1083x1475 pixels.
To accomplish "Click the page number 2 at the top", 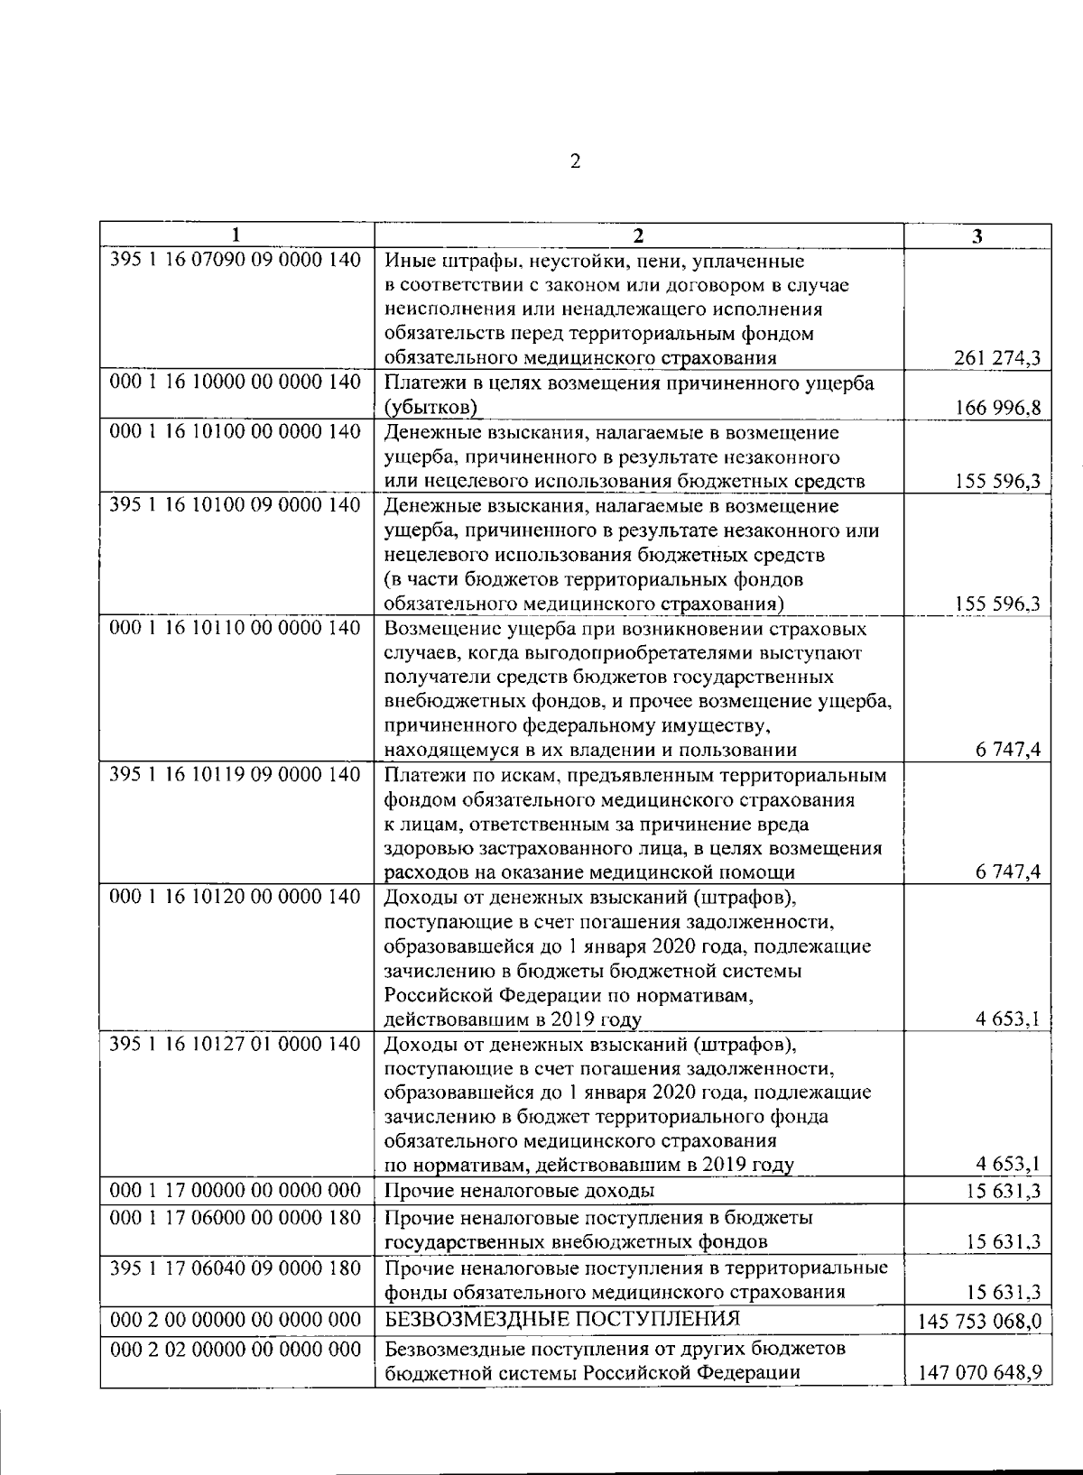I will pyautogui.click(x=574, y=162).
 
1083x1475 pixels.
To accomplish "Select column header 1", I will pyautogui.click(x=236, y=236).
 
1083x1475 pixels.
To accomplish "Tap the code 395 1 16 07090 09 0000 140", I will pyautogui.click(x=236, y=260).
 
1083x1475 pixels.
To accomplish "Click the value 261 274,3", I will pyautogui.click(x=997, y=359).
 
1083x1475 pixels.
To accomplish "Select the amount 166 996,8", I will pyautogui.click(x=997, y=408).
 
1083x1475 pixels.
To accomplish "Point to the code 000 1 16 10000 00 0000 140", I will pyautogui.click(x=236, y=383).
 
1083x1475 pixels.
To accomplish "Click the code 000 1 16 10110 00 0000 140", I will pyautogui.click(x=236, y=628).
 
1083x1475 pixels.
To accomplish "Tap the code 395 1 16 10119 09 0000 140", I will pyautogui.click(x=236, y=775).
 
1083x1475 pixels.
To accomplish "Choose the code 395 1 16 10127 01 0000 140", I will pyautogui.click(x=236, y=1044).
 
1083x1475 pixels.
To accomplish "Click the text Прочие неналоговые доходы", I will pyautogui.click(x=520, y=1191).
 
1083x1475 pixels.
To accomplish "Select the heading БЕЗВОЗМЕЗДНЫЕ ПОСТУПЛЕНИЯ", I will pyautogui.click(x=562, y=1320).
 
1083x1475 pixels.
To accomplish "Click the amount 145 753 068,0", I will pyautogui.click(x=980, y=1322).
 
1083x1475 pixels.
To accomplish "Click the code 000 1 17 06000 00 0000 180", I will pyautogui.click(x=236, y=1218).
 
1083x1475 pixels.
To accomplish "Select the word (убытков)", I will pyautogui.click(x=430, y=408).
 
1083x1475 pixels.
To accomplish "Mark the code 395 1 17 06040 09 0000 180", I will pyautogui.click(x=236, y=1268).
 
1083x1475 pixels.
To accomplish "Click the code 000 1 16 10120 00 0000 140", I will pyautogui.click(x=236, y=897).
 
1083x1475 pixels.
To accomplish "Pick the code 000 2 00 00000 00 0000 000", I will pyautogui.click(x=236, y=1320).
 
